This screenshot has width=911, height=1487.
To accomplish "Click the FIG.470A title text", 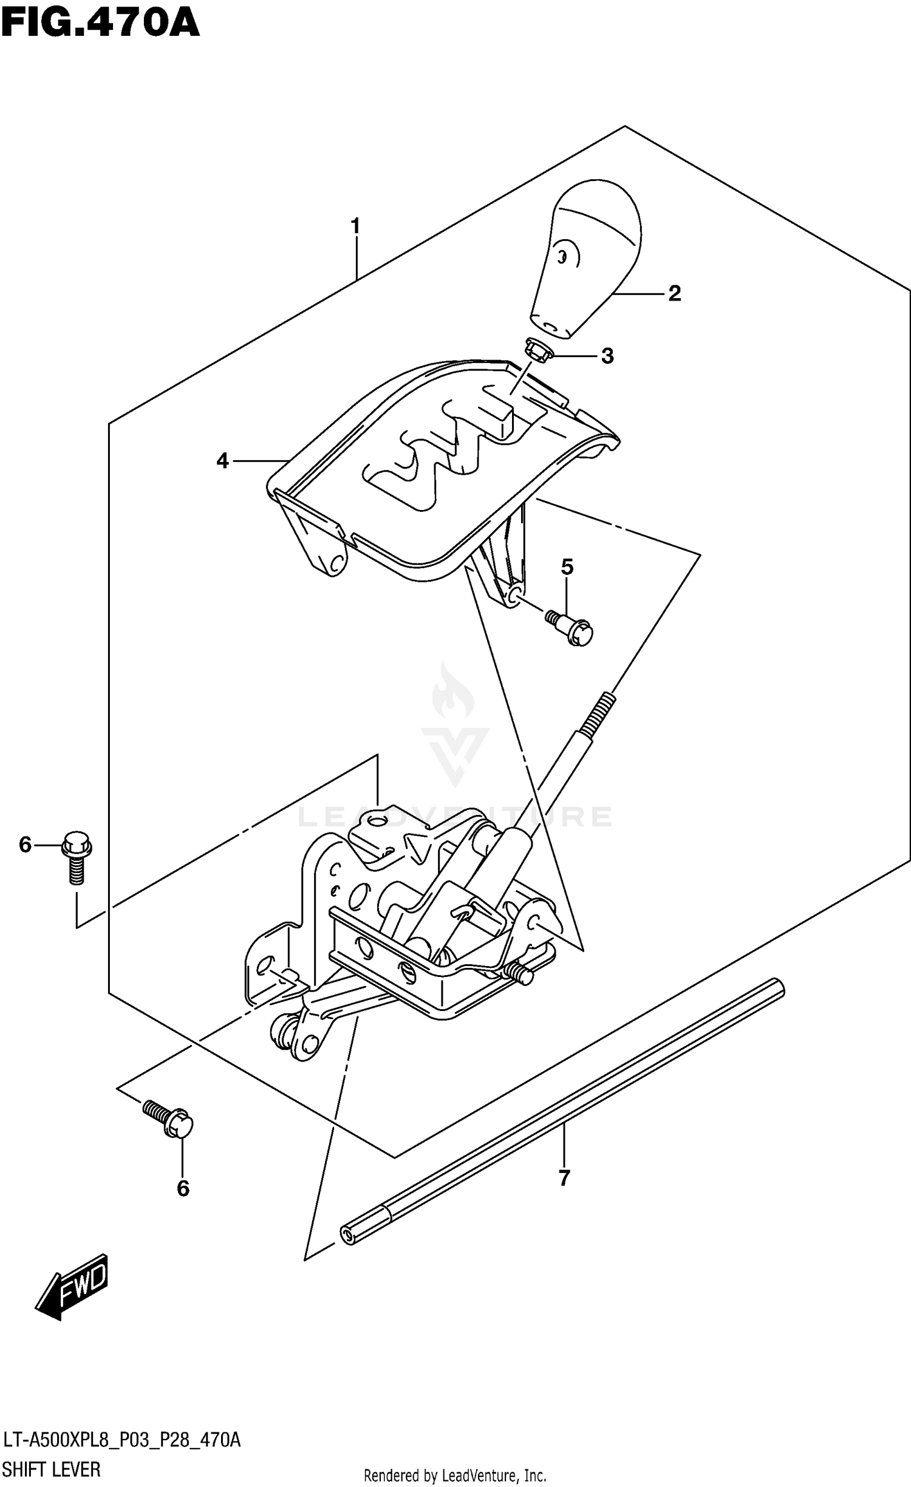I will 100,24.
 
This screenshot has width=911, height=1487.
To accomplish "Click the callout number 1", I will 355,226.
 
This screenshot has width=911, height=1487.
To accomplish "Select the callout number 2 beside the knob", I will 674,294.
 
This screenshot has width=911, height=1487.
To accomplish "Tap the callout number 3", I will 607,356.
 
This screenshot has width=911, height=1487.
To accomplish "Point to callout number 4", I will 222,461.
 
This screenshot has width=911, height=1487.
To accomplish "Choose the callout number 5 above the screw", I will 567,567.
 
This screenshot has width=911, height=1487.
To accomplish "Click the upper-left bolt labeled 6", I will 77,857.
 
